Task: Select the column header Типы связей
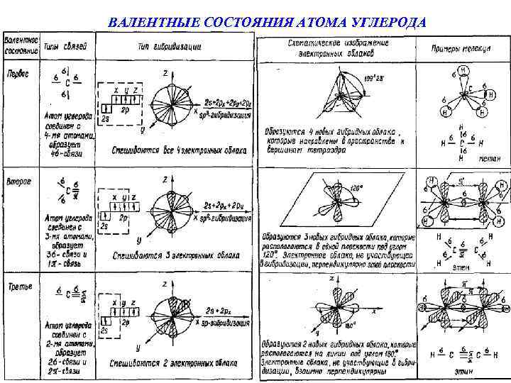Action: (x=66, y=47)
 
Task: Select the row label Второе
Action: (x=18, y=182)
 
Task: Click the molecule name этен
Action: (x=460, y=268)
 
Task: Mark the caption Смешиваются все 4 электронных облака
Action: (x=180, y=150)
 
